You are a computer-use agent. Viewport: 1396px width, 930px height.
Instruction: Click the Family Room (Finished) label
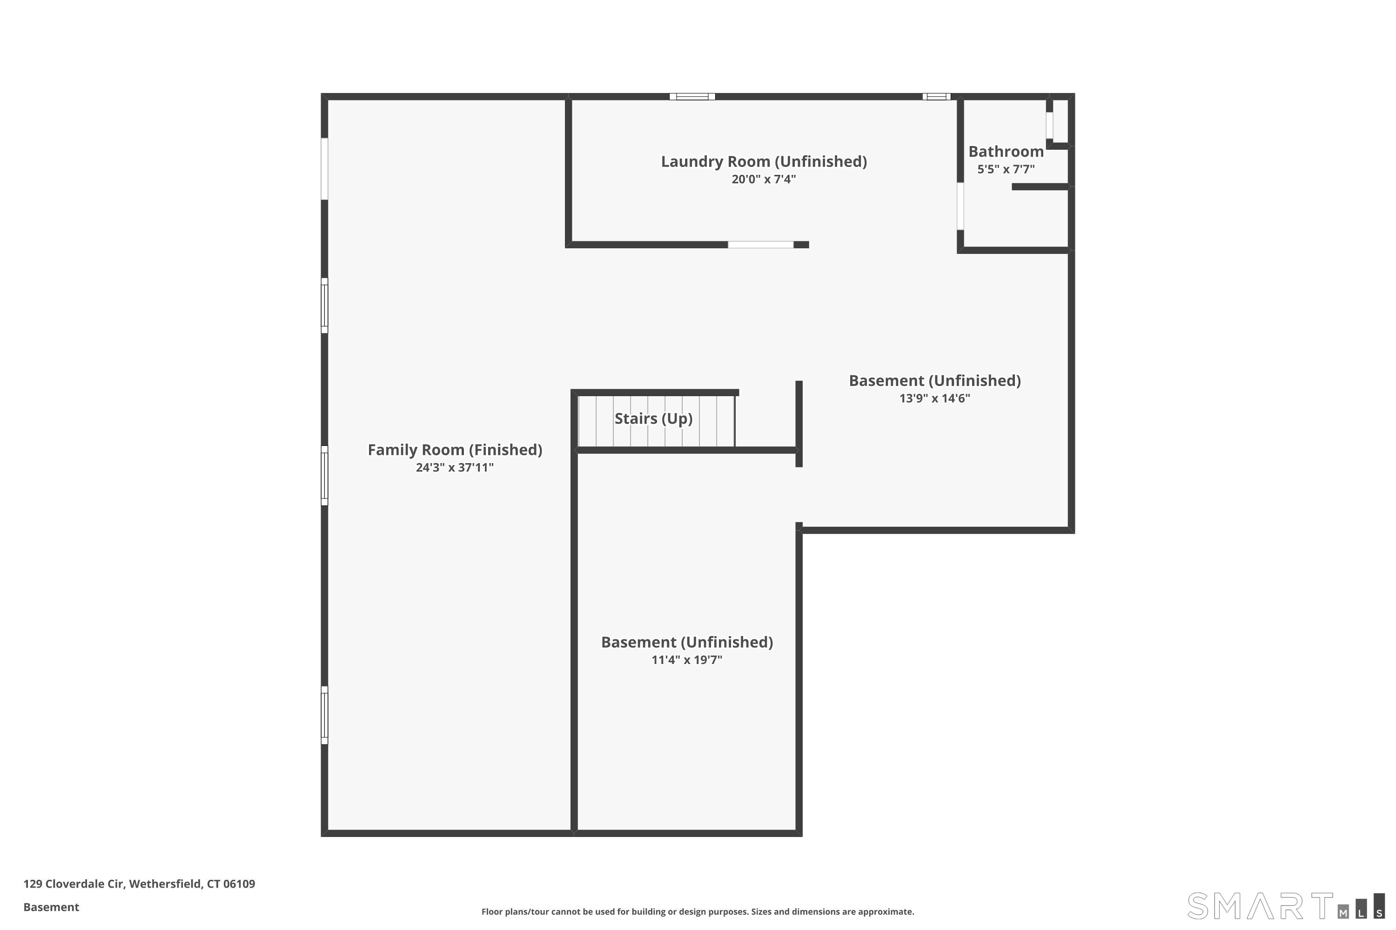tap(455, 450)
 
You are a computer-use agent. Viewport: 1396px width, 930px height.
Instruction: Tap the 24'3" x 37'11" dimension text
tap(455, 467)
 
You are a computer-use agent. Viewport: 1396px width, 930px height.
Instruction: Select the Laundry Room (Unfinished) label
tap(764, 161)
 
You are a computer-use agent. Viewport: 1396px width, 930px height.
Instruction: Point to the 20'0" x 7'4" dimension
tap(764, 179)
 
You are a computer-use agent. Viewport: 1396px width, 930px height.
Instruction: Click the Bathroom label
tap(1006, 151)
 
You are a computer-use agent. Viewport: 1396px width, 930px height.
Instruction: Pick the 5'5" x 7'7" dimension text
tap(1006, 169)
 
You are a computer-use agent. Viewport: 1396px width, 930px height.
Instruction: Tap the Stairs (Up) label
tap(653, 419)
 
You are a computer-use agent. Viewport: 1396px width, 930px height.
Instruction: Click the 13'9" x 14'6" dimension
tap(934, 398)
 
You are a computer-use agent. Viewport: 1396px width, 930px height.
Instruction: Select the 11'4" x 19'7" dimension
tap(687, 659)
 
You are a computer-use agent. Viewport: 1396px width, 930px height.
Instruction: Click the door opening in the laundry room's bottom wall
tap(760, 245)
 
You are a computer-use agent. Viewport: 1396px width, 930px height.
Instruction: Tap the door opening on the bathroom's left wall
tap(960, 206)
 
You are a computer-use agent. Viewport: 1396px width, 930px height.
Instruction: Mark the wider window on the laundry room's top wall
tap(692, 97)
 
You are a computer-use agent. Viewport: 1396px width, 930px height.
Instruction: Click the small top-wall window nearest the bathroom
tap(936, 97)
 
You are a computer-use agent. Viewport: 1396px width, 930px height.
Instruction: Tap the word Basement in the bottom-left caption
tap(51, 907)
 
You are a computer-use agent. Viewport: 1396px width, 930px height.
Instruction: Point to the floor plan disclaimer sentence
tap(698, 911)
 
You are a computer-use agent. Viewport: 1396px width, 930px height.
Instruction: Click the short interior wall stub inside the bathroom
tap(1040, 187)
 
